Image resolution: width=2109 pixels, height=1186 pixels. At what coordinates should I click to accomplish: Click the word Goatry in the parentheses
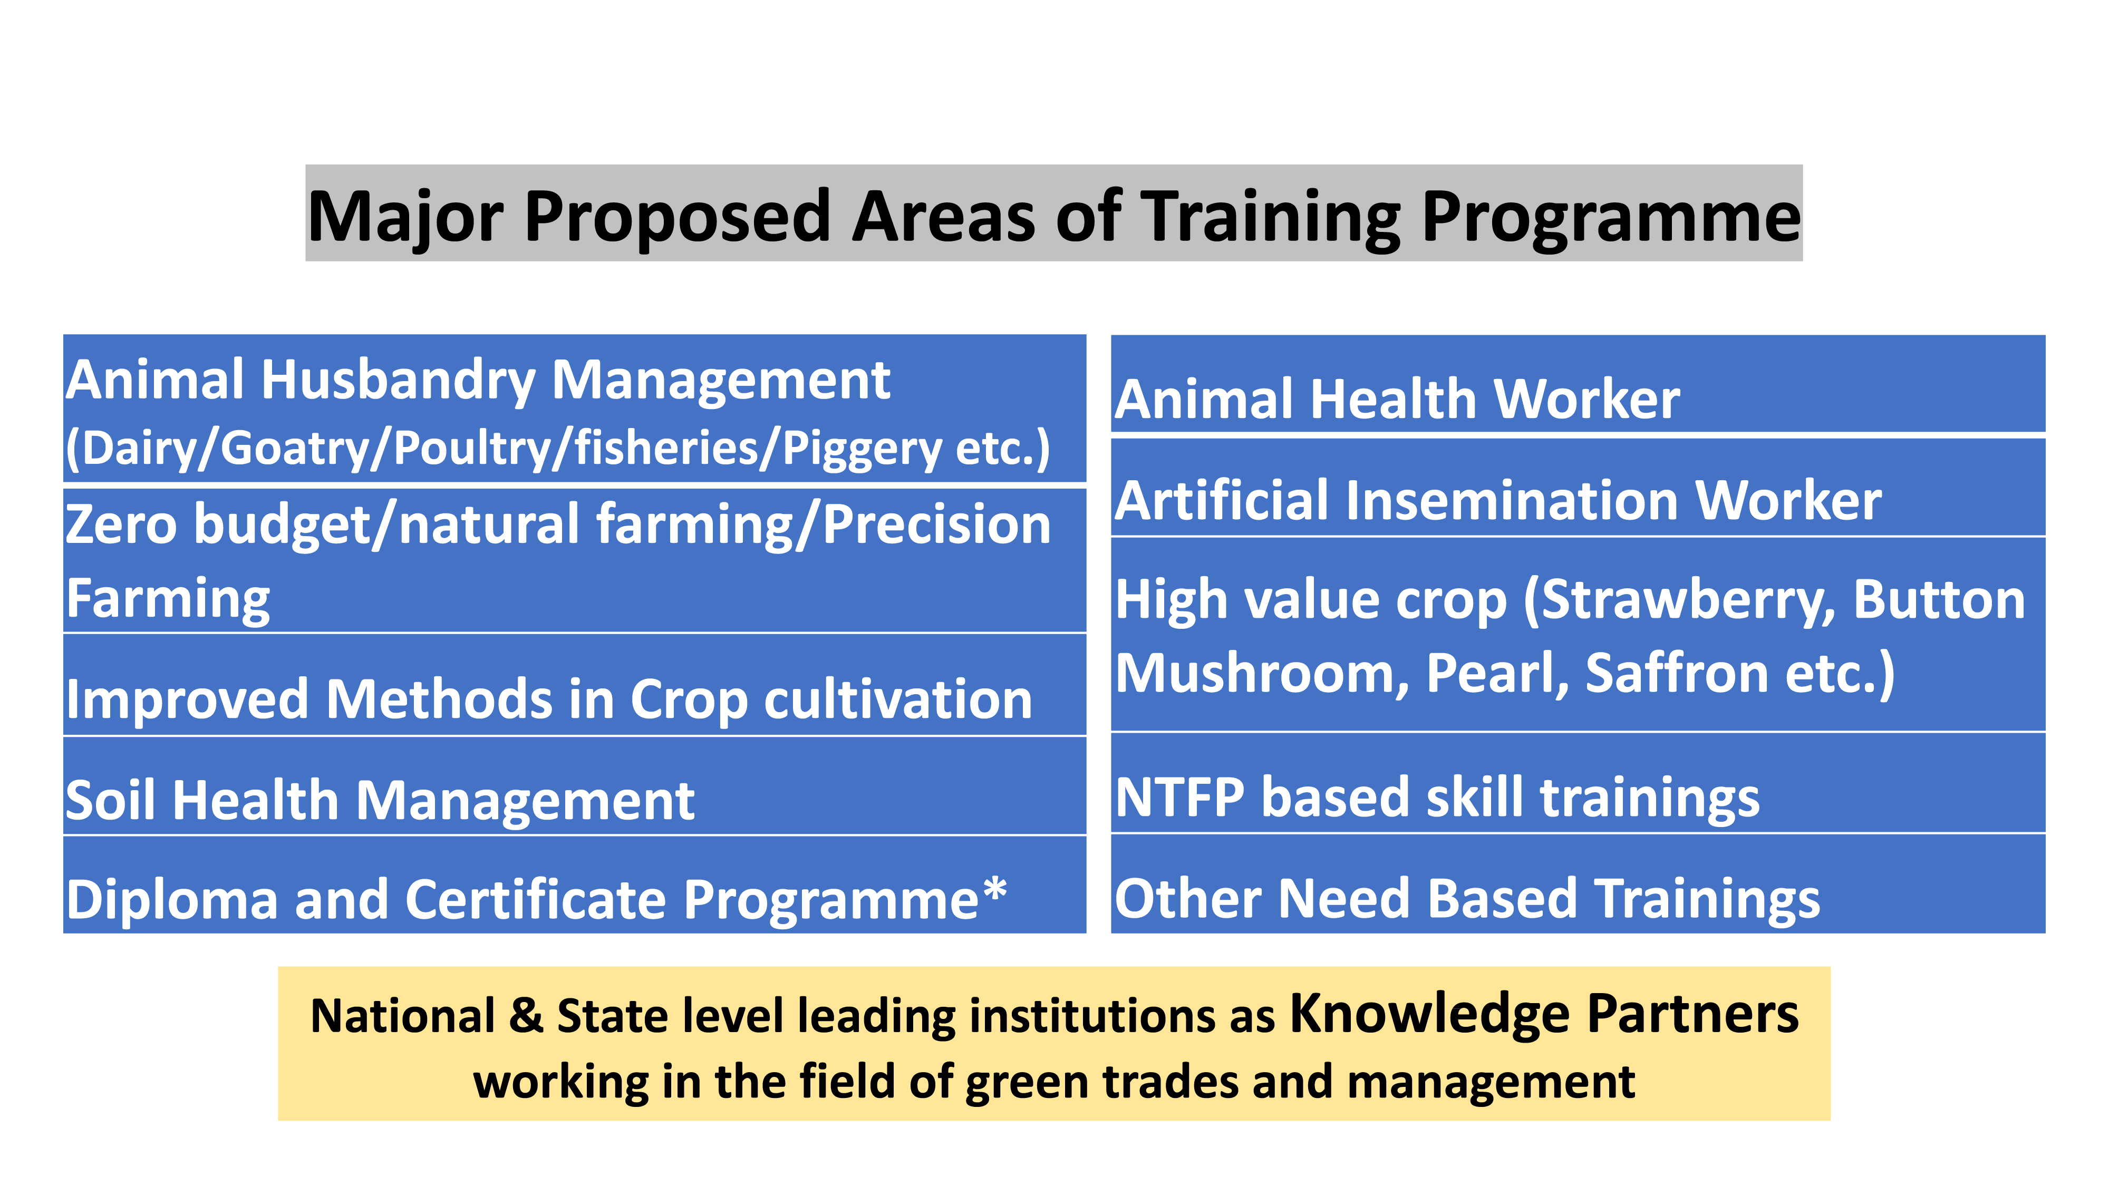point(294,449)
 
